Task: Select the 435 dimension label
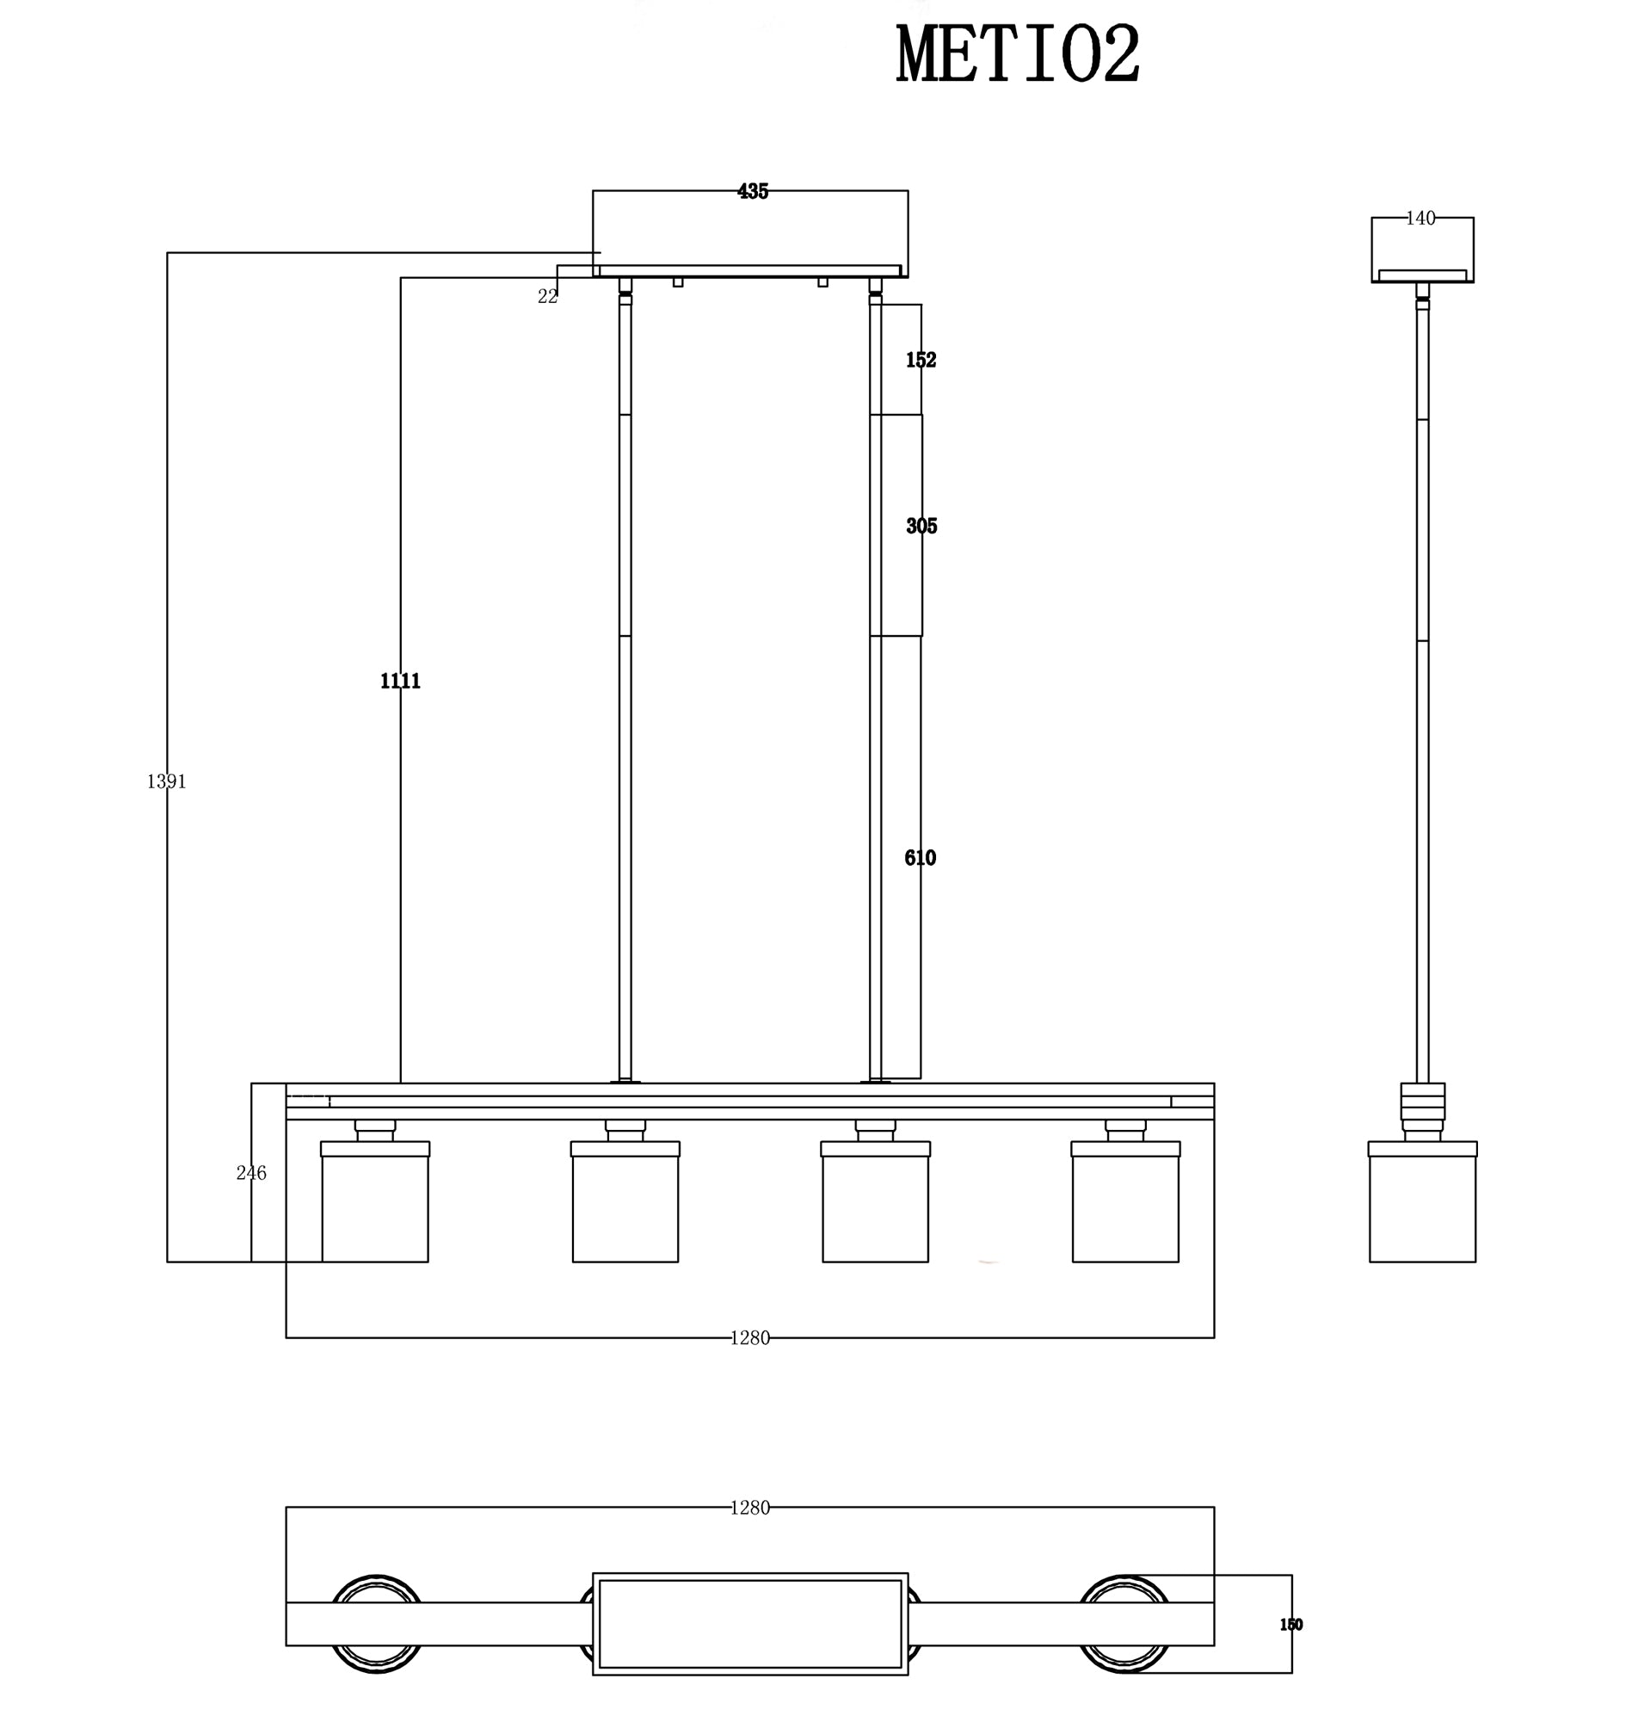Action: tap(753, 191)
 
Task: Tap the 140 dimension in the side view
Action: tap(1420, 219)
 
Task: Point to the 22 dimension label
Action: tap(547, 296)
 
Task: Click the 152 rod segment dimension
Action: tap(921, 360)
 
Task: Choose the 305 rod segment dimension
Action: tap(921, 526)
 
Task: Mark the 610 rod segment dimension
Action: tap(920, 858)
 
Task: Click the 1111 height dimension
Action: tap(400, 681)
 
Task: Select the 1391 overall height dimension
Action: tap(166, 781)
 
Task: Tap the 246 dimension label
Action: tap(251, 1173)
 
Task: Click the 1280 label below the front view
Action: tap(749, 1337)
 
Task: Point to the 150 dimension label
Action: tap(1290, 1625)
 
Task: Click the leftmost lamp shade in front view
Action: tap(374, 1208)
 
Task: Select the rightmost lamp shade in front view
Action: tap(1124, 1208)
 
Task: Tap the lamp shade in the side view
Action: tap(1422, 1208)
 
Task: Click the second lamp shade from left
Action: tap(625, 1208)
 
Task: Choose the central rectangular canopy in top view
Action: tap(750, 1624)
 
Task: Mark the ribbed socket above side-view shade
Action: tap(1422, 1102)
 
